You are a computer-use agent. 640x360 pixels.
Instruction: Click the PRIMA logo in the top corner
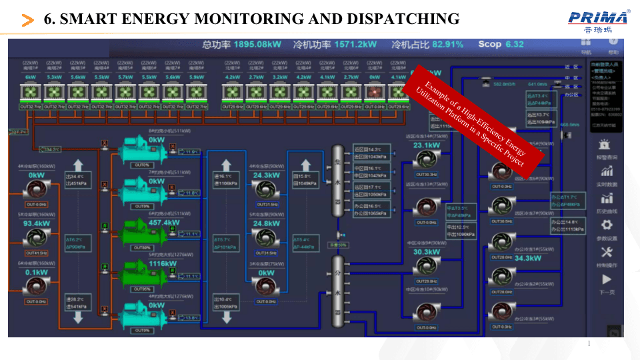click(x=599, y=19)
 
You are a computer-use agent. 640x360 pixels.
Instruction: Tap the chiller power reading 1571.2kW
click(x=353, y=45)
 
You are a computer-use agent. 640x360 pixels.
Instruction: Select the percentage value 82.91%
click(x=447, y=45)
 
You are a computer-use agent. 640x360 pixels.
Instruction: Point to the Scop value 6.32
click(x=514, y=45)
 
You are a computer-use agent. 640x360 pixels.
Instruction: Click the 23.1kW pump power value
click(x=426, y=145)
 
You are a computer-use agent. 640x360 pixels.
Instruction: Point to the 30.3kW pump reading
click(x=426, y=252)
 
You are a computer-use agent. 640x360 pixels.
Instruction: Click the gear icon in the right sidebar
click(x=606, y=225)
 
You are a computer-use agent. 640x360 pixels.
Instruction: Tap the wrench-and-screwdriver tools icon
click(x=606, y=252)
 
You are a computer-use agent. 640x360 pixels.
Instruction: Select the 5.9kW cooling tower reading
click(x=196, y=77)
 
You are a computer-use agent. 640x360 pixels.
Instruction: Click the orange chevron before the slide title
click(x=28, y=20)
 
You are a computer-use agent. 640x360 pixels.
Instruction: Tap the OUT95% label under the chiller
click(x=141, y=289)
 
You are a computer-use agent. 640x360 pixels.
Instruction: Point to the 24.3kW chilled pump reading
click(x=266, y=175)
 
